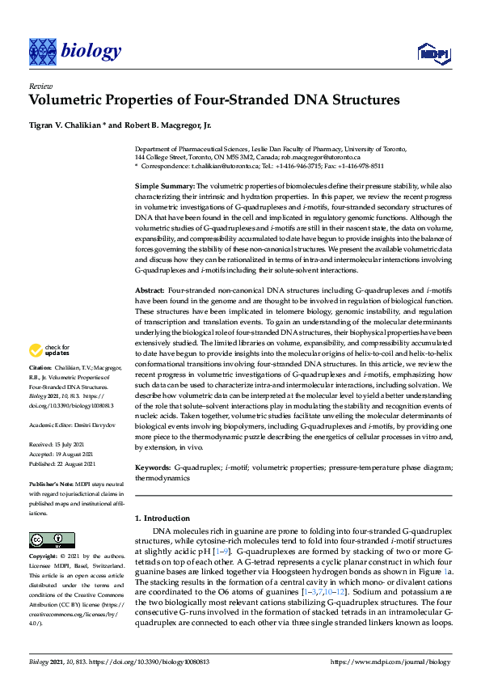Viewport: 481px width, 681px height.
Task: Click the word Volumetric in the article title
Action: [67, 100]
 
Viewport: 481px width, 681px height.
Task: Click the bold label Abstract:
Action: [150, 290]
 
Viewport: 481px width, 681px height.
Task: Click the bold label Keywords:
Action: [152, 467]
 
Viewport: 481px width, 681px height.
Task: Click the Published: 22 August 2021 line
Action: [65, 464]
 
